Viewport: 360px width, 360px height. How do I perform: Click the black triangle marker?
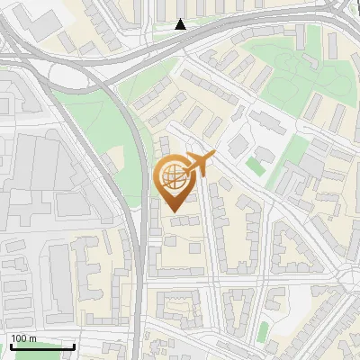(181, 24)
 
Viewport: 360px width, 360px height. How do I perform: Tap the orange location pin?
(175, 183)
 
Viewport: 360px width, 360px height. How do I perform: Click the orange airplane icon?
(199, 165)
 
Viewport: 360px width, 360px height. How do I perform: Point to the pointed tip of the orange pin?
(175, 212)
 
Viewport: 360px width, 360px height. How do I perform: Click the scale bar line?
(42, 346)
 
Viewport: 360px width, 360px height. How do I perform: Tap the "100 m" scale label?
(23, 338)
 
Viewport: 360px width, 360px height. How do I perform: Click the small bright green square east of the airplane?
(256, 166)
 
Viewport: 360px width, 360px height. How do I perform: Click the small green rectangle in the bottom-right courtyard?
(262, 332)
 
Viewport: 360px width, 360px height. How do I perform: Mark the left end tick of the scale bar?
(11, 346)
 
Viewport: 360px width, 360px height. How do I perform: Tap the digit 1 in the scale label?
(13, 338)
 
